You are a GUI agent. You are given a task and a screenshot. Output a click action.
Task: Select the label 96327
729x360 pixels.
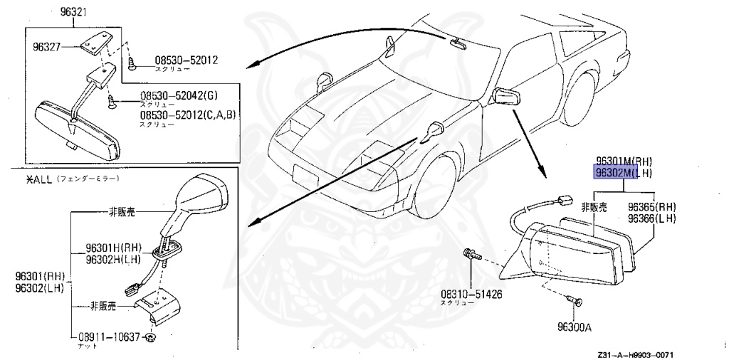coord(47,48)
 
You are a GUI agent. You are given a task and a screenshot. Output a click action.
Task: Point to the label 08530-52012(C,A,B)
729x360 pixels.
coord(187,115)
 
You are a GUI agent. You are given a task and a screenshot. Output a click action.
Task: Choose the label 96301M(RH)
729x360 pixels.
coord(624,162)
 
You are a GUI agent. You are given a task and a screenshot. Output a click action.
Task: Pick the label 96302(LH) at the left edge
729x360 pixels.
coord(38,287)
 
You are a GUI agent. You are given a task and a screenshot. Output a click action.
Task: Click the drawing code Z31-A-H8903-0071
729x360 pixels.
coord(635,354)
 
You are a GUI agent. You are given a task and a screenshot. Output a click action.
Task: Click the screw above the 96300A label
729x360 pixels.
coord(577,302)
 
